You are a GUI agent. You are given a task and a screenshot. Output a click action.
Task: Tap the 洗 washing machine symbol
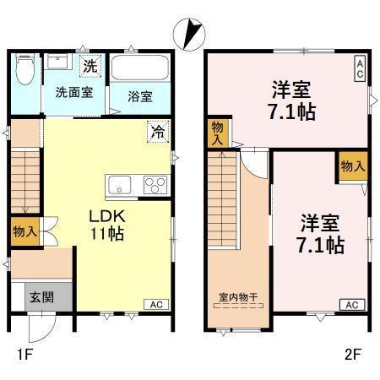[x=89, y=65]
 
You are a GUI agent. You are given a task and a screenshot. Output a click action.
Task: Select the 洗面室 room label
[x=74, y=92]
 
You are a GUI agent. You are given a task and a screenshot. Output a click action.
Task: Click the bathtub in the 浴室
[x=141, y=68]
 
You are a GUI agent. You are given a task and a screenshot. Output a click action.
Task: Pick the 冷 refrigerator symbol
[x=157, y=131]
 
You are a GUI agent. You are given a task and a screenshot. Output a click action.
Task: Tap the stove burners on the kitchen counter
[x=154, y=185]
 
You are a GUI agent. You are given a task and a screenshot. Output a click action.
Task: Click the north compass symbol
[x=188, y=34]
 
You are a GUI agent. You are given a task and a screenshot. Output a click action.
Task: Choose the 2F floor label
[x=352, y=355]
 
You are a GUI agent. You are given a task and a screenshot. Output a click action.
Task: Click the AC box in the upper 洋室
[x=359, y=68]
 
